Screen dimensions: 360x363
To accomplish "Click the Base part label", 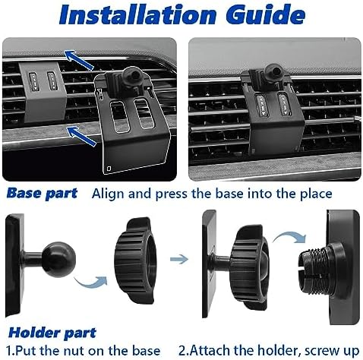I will point(41,193).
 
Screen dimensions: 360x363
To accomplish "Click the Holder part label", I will point(53,332).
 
